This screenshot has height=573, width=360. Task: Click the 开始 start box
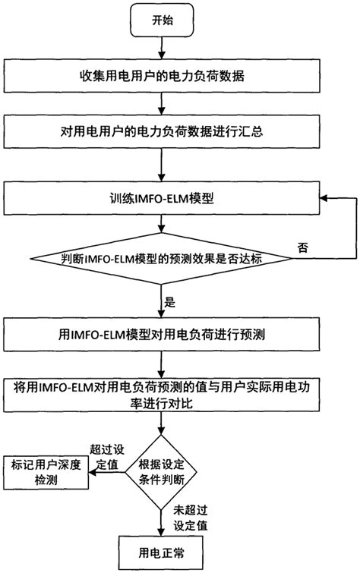point(161,20)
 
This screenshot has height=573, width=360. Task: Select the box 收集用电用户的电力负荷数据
point(161,76)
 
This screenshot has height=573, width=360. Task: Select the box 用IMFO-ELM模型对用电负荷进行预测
point(161,331)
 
